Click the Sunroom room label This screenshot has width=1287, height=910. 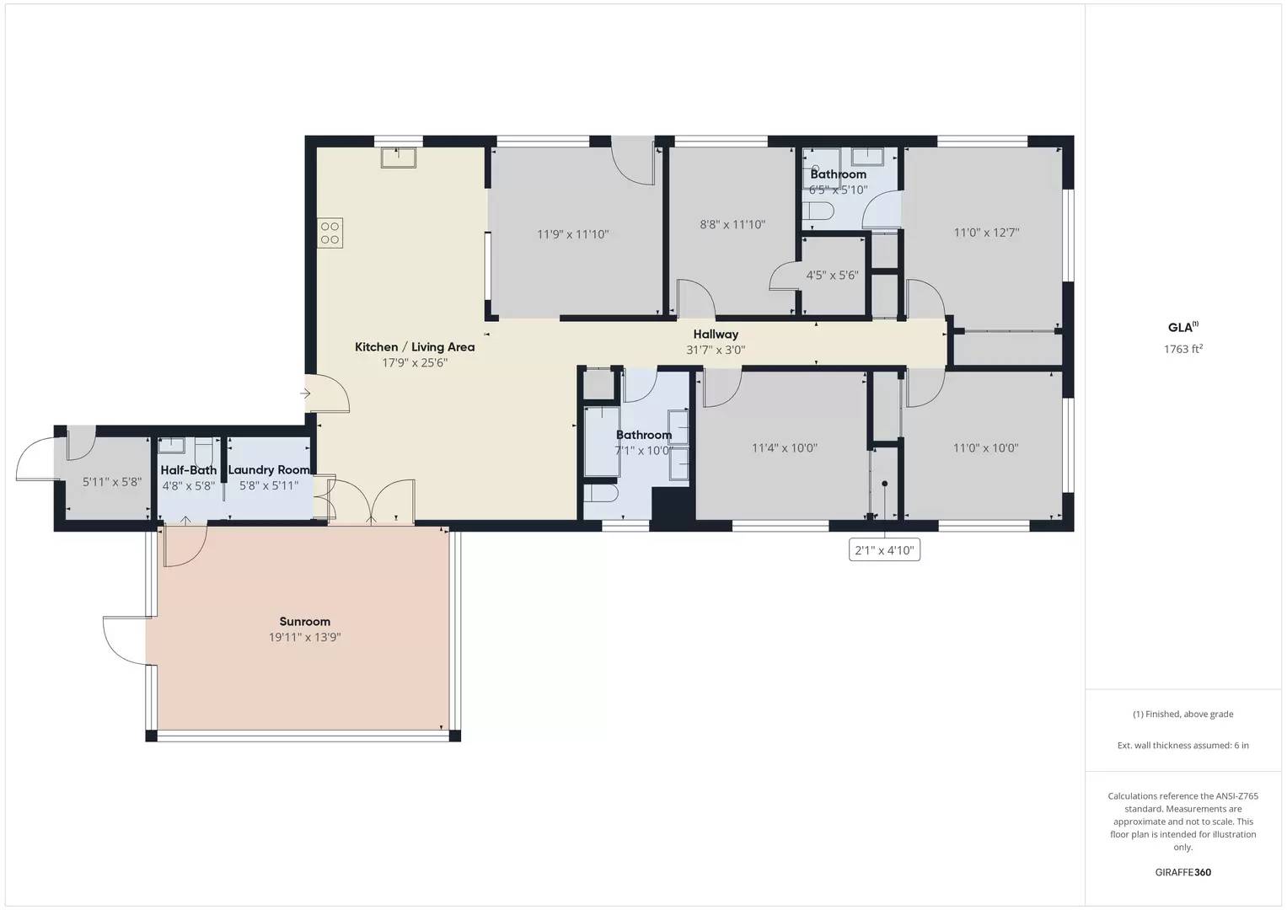click(x=304, y=622)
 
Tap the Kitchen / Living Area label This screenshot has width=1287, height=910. click(x=414, y=347)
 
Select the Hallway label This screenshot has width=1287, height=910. click(x=716, y=335)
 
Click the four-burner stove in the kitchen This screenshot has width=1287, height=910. click(x=330, y=233)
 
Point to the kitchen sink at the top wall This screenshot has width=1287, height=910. click(x=398, y=157)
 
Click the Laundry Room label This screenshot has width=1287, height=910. click(x=269, y=470)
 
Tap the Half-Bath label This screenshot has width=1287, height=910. click(x=189, y=470)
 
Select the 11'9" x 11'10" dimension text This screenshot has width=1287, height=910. click(x=572, y=234)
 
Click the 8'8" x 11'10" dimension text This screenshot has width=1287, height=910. click(x=732, y=225)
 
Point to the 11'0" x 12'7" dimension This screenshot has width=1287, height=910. click(x=986, y=233)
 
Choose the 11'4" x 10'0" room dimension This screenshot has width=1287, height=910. click(x=784, y=448)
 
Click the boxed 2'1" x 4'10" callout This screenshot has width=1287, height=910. click(x=883, y=551)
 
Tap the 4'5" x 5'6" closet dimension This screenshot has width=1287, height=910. click(x=832, y=276)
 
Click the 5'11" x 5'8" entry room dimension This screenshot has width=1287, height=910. click(x=111, y=483)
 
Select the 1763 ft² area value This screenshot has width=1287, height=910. click(x=1182, y=349)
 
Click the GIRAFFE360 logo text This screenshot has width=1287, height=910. click(x=1182, y=872)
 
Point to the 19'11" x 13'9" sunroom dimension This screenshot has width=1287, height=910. click(x=304, y=638)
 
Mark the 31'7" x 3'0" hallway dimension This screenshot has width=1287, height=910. click(x=716, y=350)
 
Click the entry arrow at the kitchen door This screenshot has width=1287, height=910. click(x=304, y=393)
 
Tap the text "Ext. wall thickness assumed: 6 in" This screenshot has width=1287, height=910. click(x=1182, y=745)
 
